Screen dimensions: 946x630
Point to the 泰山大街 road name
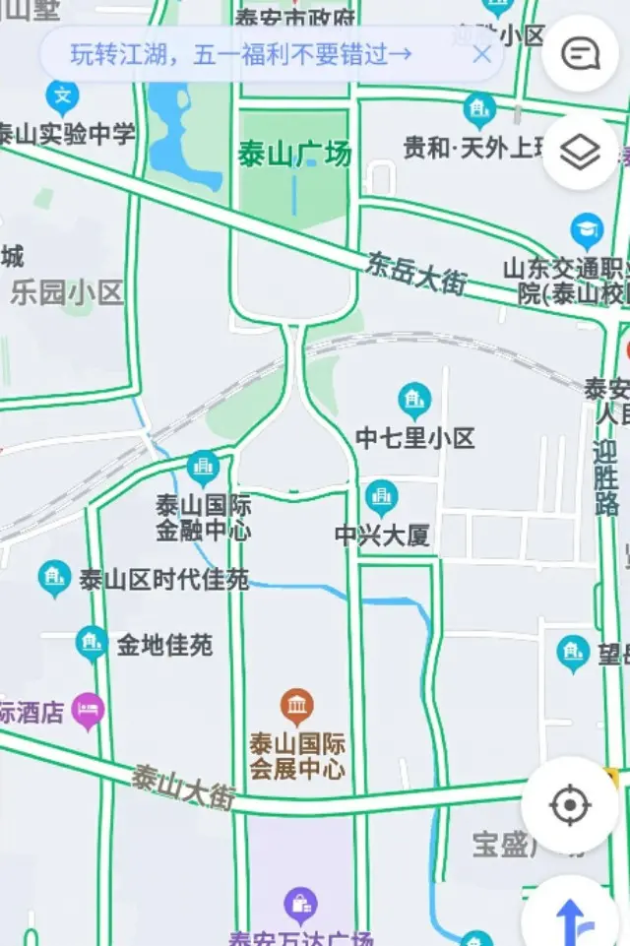pyautogui.click(x=183, y=787)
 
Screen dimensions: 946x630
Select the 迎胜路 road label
pyautogui.click(x=606, y=477)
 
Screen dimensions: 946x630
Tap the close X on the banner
pyautogui.click(x=481, y=54)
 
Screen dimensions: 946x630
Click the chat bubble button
pyautogui.click(x=579, y=54)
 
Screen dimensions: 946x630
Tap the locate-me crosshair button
pyautogui.click(x=569, y=805)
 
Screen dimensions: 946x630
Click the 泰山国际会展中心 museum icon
pyautogui.click(x=296, y=706)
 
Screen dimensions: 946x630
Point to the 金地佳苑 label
pyautogui.click(x=164, y=646)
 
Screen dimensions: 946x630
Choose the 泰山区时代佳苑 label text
pyautogui.click(x=163, y=580)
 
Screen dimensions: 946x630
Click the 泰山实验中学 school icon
pyautogui.click(x=62, y=96)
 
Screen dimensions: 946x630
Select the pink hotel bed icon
pyautogui.click(x=89, y=709)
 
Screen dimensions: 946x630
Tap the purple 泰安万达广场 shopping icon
pyautogui.click(x=299, y=903)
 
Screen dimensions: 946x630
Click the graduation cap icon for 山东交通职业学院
pyautogui.click(x=587, y=230)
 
